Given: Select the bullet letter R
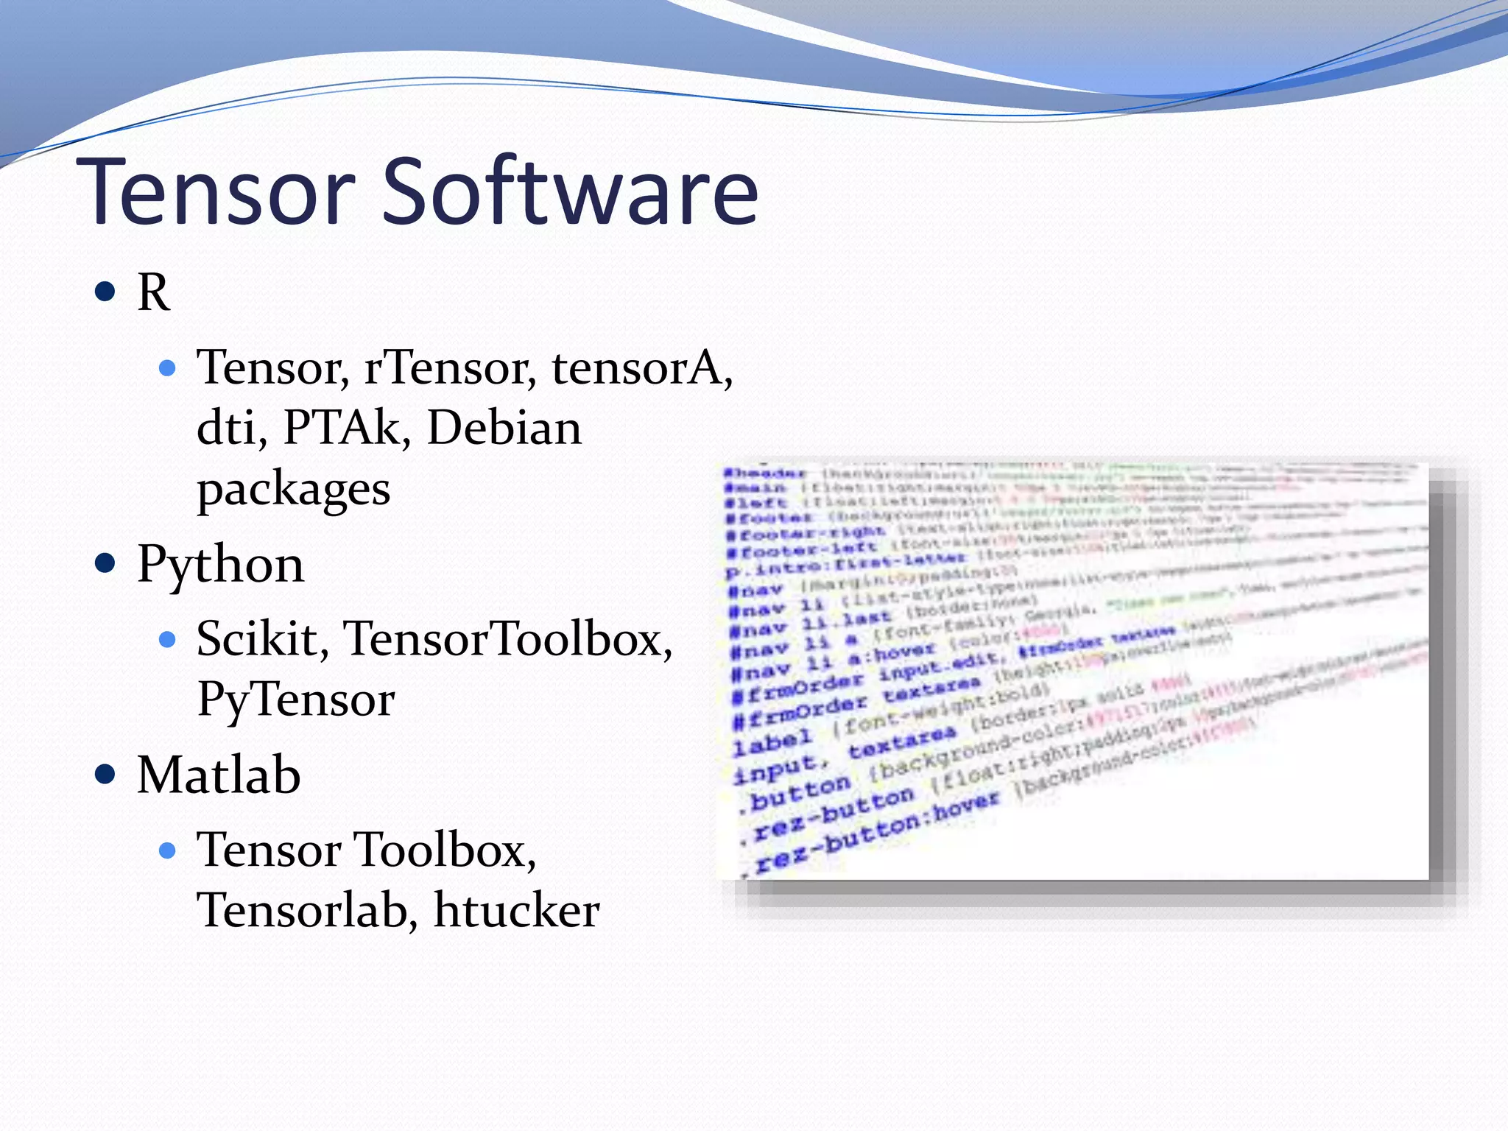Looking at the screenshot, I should coord(154,293).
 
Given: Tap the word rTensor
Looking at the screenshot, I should coord(450,367).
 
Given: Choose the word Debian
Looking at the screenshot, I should coord(504,428).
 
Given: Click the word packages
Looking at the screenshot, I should coord(293,490).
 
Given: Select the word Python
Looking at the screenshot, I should coord(220,565).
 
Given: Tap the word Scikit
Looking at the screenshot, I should coord(262,638).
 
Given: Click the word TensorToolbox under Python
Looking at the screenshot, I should coord(507,638).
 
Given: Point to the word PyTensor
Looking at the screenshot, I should coord(295,699).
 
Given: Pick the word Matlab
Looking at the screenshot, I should coord(219,775).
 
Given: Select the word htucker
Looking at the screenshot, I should coord(516,910).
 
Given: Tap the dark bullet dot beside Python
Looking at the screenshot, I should coord(106,564).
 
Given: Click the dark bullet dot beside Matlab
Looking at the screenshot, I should coord(106,775).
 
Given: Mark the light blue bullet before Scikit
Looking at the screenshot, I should coord(168,639).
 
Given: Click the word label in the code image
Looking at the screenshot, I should coord(772,742).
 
